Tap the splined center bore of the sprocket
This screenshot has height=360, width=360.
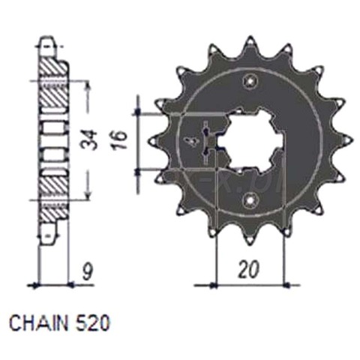(240, 139)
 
